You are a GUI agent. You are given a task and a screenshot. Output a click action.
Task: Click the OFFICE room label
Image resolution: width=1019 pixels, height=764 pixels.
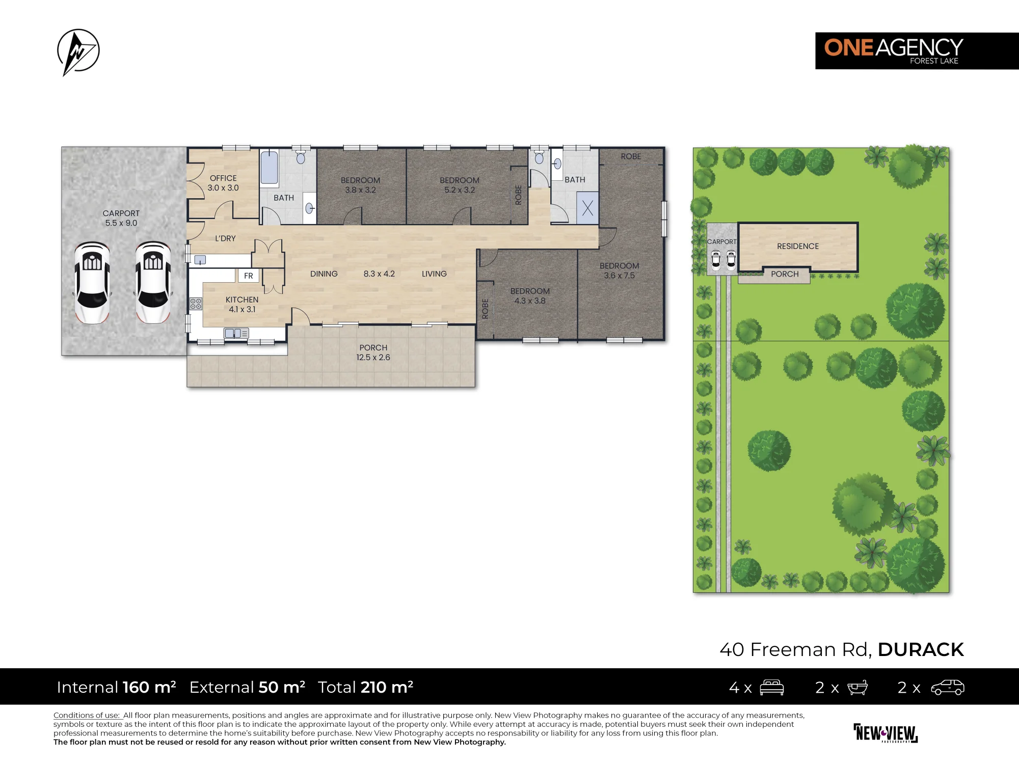(223, 178)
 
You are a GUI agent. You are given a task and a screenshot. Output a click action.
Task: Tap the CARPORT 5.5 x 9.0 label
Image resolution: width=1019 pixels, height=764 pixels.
(121, 218)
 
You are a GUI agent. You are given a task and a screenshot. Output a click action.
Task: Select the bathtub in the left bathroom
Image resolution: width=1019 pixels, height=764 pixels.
(270, 167)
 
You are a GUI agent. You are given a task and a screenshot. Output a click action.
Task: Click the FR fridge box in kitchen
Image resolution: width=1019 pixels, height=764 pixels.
(249, 276)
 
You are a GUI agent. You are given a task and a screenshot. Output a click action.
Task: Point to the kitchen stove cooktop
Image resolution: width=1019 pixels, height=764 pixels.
(196, 304)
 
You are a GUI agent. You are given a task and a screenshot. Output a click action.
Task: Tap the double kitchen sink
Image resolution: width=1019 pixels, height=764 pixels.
(236, 334)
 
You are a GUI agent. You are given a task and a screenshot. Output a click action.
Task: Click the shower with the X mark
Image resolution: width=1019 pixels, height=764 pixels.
(587, 208)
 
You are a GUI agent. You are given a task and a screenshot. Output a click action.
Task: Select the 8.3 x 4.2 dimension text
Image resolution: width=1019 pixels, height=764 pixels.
(379, 274)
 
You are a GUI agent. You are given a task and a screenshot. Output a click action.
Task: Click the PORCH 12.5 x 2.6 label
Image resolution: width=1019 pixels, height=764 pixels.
(373, 352)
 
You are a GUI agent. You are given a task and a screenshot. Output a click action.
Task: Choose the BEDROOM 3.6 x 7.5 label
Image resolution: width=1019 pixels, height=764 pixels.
(620, 270)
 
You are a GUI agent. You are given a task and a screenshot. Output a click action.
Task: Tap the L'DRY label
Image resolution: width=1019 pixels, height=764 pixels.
(225, 238)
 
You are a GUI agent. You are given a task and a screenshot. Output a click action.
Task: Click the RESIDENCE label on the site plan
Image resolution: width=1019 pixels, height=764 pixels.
(798, 246)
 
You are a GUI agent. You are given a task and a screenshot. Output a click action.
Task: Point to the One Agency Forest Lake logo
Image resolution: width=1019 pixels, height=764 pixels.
(917, 51)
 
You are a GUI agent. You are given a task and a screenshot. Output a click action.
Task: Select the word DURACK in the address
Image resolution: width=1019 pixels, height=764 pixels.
(921, 649)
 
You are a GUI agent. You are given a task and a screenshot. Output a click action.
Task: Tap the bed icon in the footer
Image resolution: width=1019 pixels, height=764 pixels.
(772, 688)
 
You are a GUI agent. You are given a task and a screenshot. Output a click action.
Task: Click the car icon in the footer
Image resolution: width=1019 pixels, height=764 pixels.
(948, 688)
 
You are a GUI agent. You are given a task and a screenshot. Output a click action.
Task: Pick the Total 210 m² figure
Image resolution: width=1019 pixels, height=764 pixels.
(365, 687)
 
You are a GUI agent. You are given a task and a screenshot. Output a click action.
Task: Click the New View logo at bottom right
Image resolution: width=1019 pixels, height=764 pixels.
(886, 733)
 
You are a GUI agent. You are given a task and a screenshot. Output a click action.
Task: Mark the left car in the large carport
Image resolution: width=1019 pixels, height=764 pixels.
(92, 283)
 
